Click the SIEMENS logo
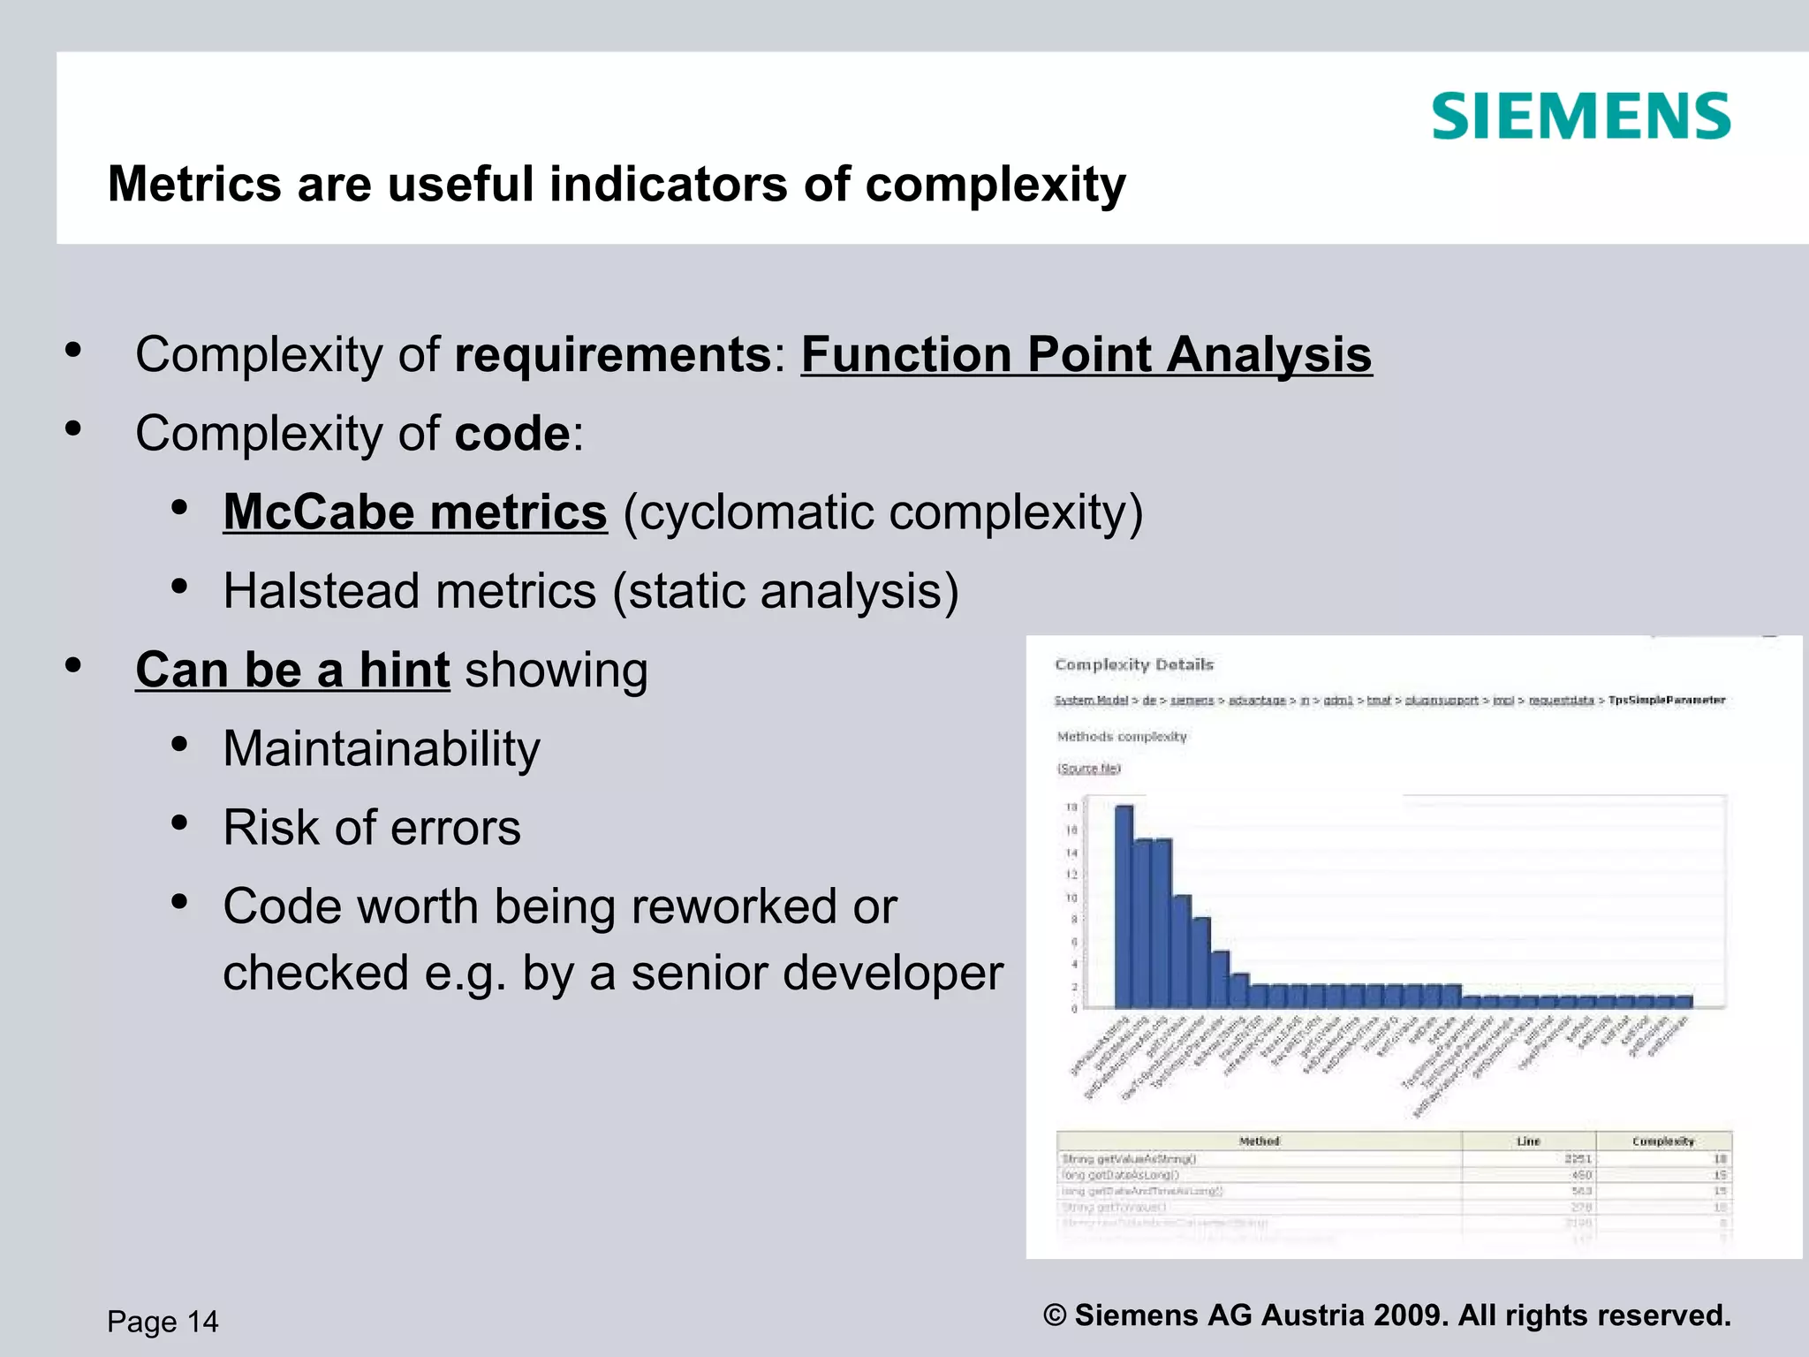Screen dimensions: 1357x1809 (1580, 118)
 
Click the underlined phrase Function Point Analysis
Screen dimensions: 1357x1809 (1086, 355)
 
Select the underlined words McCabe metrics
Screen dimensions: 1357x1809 (415, 512)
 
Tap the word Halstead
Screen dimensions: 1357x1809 (321, 591)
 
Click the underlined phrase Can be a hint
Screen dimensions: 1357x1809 (292, 670)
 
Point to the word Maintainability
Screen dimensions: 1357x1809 (381, 749)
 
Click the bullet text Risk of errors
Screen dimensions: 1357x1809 (372, 828)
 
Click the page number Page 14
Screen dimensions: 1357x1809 (163, 1322)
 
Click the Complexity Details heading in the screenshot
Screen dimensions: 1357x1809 (1134, 664)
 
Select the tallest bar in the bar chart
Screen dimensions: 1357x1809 (1124, 906)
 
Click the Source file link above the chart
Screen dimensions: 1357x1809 (1088, 769)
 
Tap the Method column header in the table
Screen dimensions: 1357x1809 (1259, 1141)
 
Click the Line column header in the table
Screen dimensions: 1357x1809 (1528, 1141)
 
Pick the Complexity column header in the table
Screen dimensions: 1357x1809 (1662, 1141)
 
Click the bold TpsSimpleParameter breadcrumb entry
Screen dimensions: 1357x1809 (1666, 701)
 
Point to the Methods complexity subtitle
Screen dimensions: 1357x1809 (1122, 737)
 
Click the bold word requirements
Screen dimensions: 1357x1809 (613, 355)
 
